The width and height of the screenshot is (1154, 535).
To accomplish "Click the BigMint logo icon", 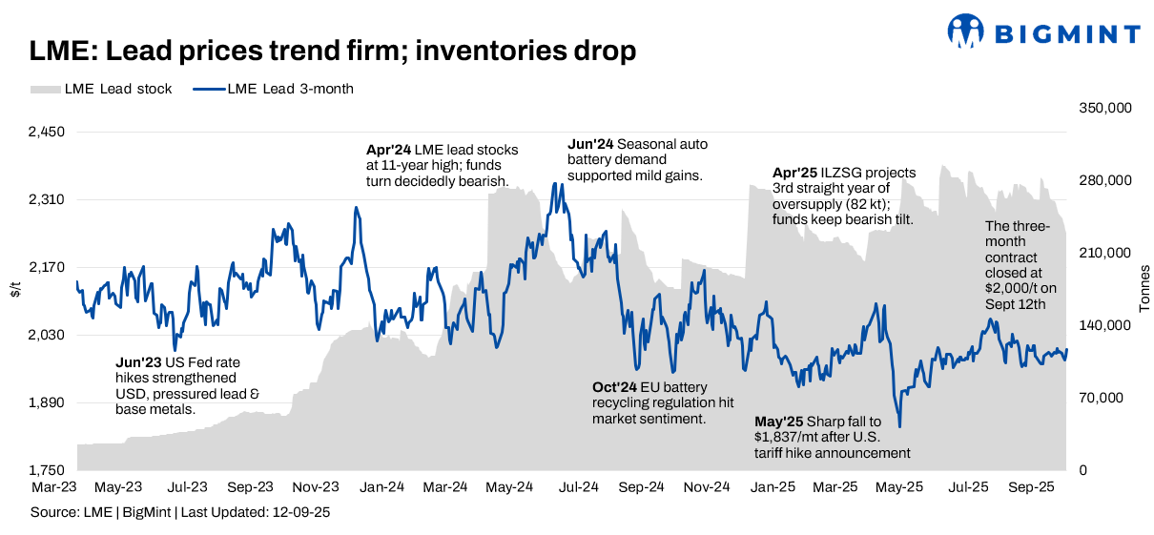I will (x=965, y=31).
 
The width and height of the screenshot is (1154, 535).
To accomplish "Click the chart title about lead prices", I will (x=332, y=51).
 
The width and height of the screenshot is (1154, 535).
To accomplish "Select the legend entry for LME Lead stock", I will (x=101, y=90).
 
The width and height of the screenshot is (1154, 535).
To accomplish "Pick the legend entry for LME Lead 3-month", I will (x=273, y=90).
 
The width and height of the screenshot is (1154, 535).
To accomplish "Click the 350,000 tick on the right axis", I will (x=1104, y=109).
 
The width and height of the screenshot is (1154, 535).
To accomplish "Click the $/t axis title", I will (x=14, y=290).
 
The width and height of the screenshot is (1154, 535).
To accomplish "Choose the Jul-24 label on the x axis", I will (x=577, y=487).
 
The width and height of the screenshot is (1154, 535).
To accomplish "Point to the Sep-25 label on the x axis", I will (x=1031, y=487).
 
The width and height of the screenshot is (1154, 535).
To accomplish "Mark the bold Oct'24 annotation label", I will (x=613, y=387).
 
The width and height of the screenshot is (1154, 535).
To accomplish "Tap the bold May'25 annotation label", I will (x=778, y=422).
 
